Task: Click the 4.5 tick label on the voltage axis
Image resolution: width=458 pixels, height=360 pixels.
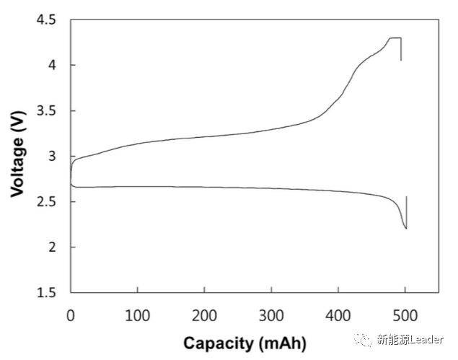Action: coord(45,20)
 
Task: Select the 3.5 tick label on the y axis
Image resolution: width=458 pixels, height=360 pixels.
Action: coord(45,111)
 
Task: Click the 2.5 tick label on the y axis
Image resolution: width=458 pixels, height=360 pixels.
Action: coord(45,202)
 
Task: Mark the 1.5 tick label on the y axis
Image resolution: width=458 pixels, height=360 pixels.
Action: coord(45,293)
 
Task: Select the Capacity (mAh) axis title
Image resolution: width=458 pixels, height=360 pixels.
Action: coord(245,344)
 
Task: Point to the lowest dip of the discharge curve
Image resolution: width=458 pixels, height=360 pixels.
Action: coord(405,228)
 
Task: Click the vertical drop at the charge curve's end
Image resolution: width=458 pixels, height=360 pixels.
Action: coord(400,50)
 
